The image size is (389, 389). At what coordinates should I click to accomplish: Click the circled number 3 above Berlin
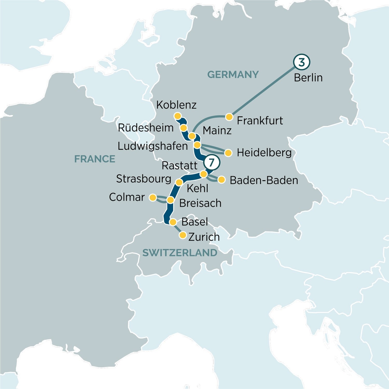tap(302, 62)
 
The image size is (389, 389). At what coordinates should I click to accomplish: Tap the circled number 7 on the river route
tap(212, 162)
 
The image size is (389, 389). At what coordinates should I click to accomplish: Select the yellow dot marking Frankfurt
tap(229, 117)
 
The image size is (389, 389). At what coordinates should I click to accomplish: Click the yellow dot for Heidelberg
tap(228, 153)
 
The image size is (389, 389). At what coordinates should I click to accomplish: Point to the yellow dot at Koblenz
tap(178, 116)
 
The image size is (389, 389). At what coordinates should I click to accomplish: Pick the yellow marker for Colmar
tap(153, 198)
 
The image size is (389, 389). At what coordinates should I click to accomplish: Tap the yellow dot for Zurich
tap(183, 235)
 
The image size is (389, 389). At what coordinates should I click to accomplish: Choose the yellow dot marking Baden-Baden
tap(221, 180)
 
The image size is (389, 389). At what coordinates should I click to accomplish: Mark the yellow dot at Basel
tap(173, 222)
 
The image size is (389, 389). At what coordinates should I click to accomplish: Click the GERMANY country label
tap(233, 75)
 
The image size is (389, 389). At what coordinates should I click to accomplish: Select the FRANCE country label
tap(95, 159)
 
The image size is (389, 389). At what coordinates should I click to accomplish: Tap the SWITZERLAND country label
tap(180, 253)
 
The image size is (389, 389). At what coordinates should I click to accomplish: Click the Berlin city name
tap(308, 78)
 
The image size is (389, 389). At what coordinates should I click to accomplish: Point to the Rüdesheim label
tap(145, 128)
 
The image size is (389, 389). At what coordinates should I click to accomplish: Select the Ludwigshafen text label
tap(152, 146)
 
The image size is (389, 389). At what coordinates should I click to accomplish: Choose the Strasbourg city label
tap(143, 179)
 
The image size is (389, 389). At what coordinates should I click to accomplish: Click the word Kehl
tap(197, 189)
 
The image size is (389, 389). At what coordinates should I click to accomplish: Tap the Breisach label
tap(200, 203)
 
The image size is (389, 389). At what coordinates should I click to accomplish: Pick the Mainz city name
tap(217, 130)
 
